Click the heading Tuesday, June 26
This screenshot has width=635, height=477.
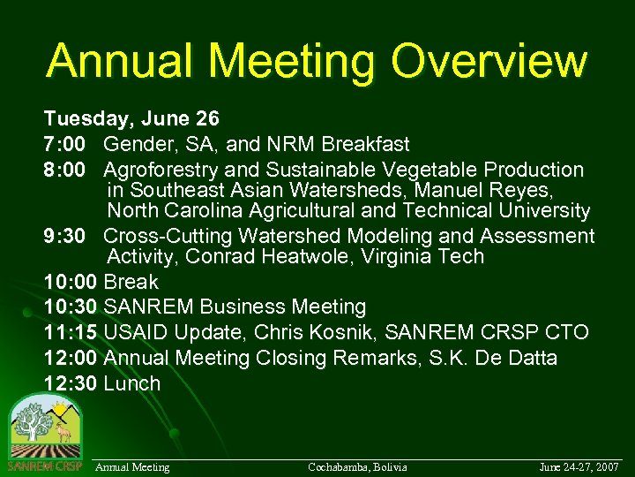point(131,118)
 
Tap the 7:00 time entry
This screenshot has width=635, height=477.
point(68,144)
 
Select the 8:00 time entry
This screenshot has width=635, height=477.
point(68,170)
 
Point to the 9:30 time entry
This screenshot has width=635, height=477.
point(68,237)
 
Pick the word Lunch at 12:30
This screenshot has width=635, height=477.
point(132,384)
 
